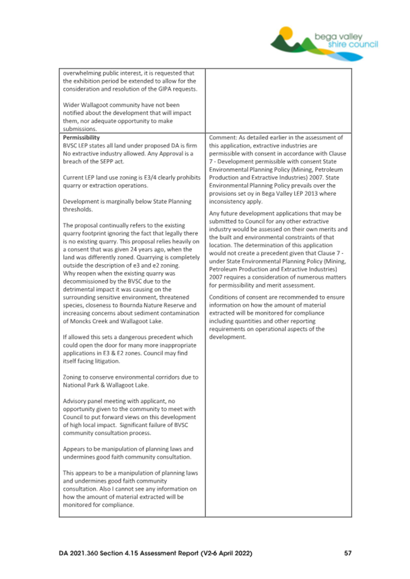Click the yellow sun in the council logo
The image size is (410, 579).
[x=287, y=32]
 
